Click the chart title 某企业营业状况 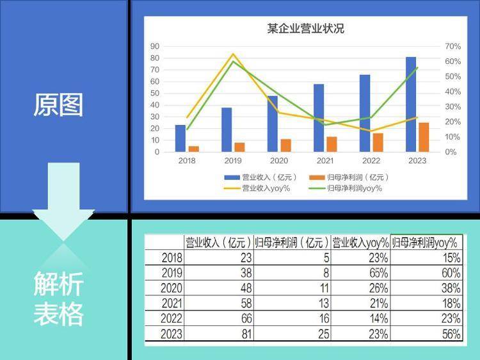point(305,28)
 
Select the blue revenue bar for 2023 point(411,104)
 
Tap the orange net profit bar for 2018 point(194,149)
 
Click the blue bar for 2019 point(227,129)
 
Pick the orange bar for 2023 point(424,137)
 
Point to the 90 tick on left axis point(155,46)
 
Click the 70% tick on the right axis point(452,46)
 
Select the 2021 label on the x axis point(325,161)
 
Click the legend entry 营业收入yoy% point(257,188)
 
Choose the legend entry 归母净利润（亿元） point(349,177)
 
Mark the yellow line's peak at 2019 point(233,54)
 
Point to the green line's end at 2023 point(417,67)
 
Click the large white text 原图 point(58,105)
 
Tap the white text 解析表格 point(58,299)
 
